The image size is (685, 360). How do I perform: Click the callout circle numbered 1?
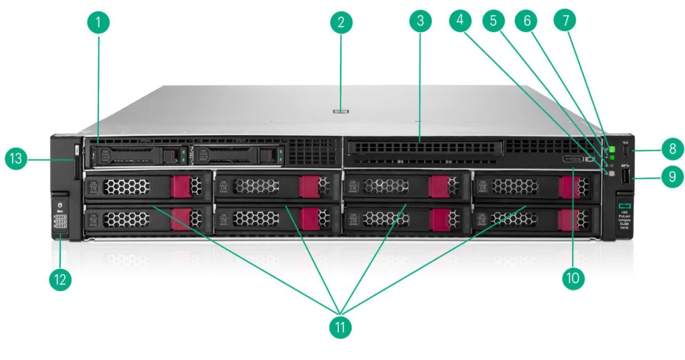tap(98, 23)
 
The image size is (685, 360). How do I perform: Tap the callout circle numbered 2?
tap(341, 23)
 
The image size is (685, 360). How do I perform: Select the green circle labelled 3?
tap(420, 21)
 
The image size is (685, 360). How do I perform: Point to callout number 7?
tap(566, 21)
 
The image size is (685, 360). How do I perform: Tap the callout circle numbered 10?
tap(572, 278)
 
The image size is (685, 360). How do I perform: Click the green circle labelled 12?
tap(61, 279)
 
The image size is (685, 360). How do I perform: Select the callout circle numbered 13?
tap(17, 159)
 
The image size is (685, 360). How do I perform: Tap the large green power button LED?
tap(611, 142)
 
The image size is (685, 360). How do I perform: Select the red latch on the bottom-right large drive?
tap(569, 219)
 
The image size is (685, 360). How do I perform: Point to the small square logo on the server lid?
tap(340, 106)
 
